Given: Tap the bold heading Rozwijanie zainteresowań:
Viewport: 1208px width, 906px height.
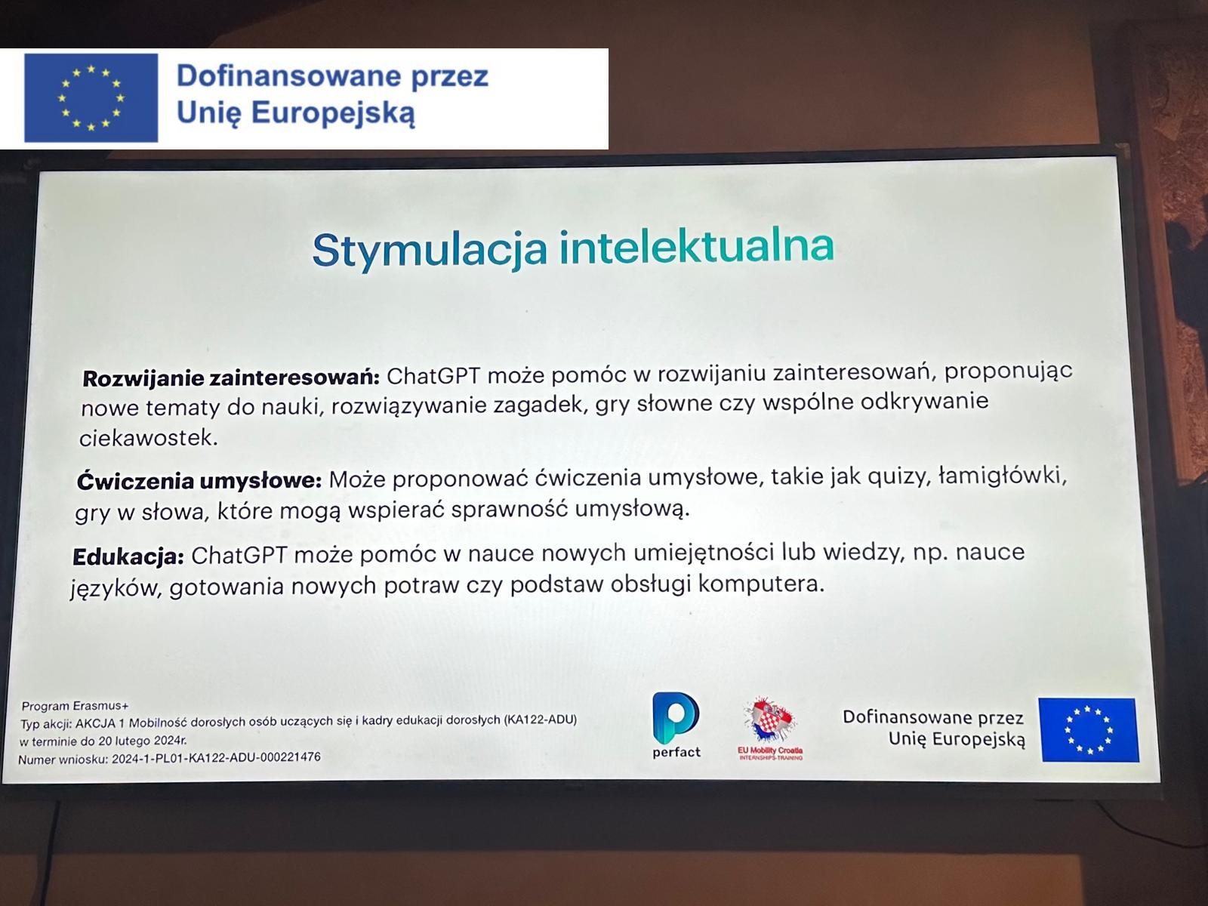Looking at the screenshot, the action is click(x=231, y=378).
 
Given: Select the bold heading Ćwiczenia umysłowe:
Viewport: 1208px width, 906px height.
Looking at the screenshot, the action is click(x=199, y=482).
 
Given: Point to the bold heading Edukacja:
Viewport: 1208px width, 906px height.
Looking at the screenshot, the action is click(x=128, y=556).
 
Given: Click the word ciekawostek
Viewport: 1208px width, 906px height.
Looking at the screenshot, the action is click(x=149, y=438).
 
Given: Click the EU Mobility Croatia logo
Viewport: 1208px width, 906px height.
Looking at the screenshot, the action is click(x=770, y=728).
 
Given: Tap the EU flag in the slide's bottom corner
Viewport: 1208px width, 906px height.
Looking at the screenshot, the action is click(x=1089, y=729).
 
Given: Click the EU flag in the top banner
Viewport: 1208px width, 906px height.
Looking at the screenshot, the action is click(x=91, y=98).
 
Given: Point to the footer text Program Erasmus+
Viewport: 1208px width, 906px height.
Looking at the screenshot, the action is click(x=75, y=706).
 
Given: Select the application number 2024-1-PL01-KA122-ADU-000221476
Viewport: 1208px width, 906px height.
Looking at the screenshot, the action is click(x=216, y=758).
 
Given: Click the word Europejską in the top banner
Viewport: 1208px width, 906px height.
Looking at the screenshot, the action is click(x=333, y=114).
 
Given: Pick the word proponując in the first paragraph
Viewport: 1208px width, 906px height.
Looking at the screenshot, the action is click(x=1009, y=371).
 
